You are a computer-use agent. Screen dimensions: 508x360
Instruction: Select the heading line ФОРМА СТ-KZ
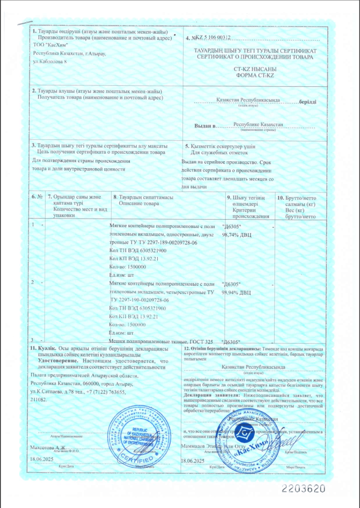click(x=255, y=75)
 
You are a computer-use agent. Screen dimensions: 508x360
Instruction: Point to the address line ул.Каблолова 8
click(x=53, y=61)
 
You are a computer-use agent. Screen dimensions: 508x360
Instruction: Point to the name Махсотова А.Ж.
click(x=50, y=447)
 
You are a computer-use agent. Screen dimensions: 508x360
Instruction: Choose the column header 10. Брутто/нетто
click(x=297, y=197)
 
